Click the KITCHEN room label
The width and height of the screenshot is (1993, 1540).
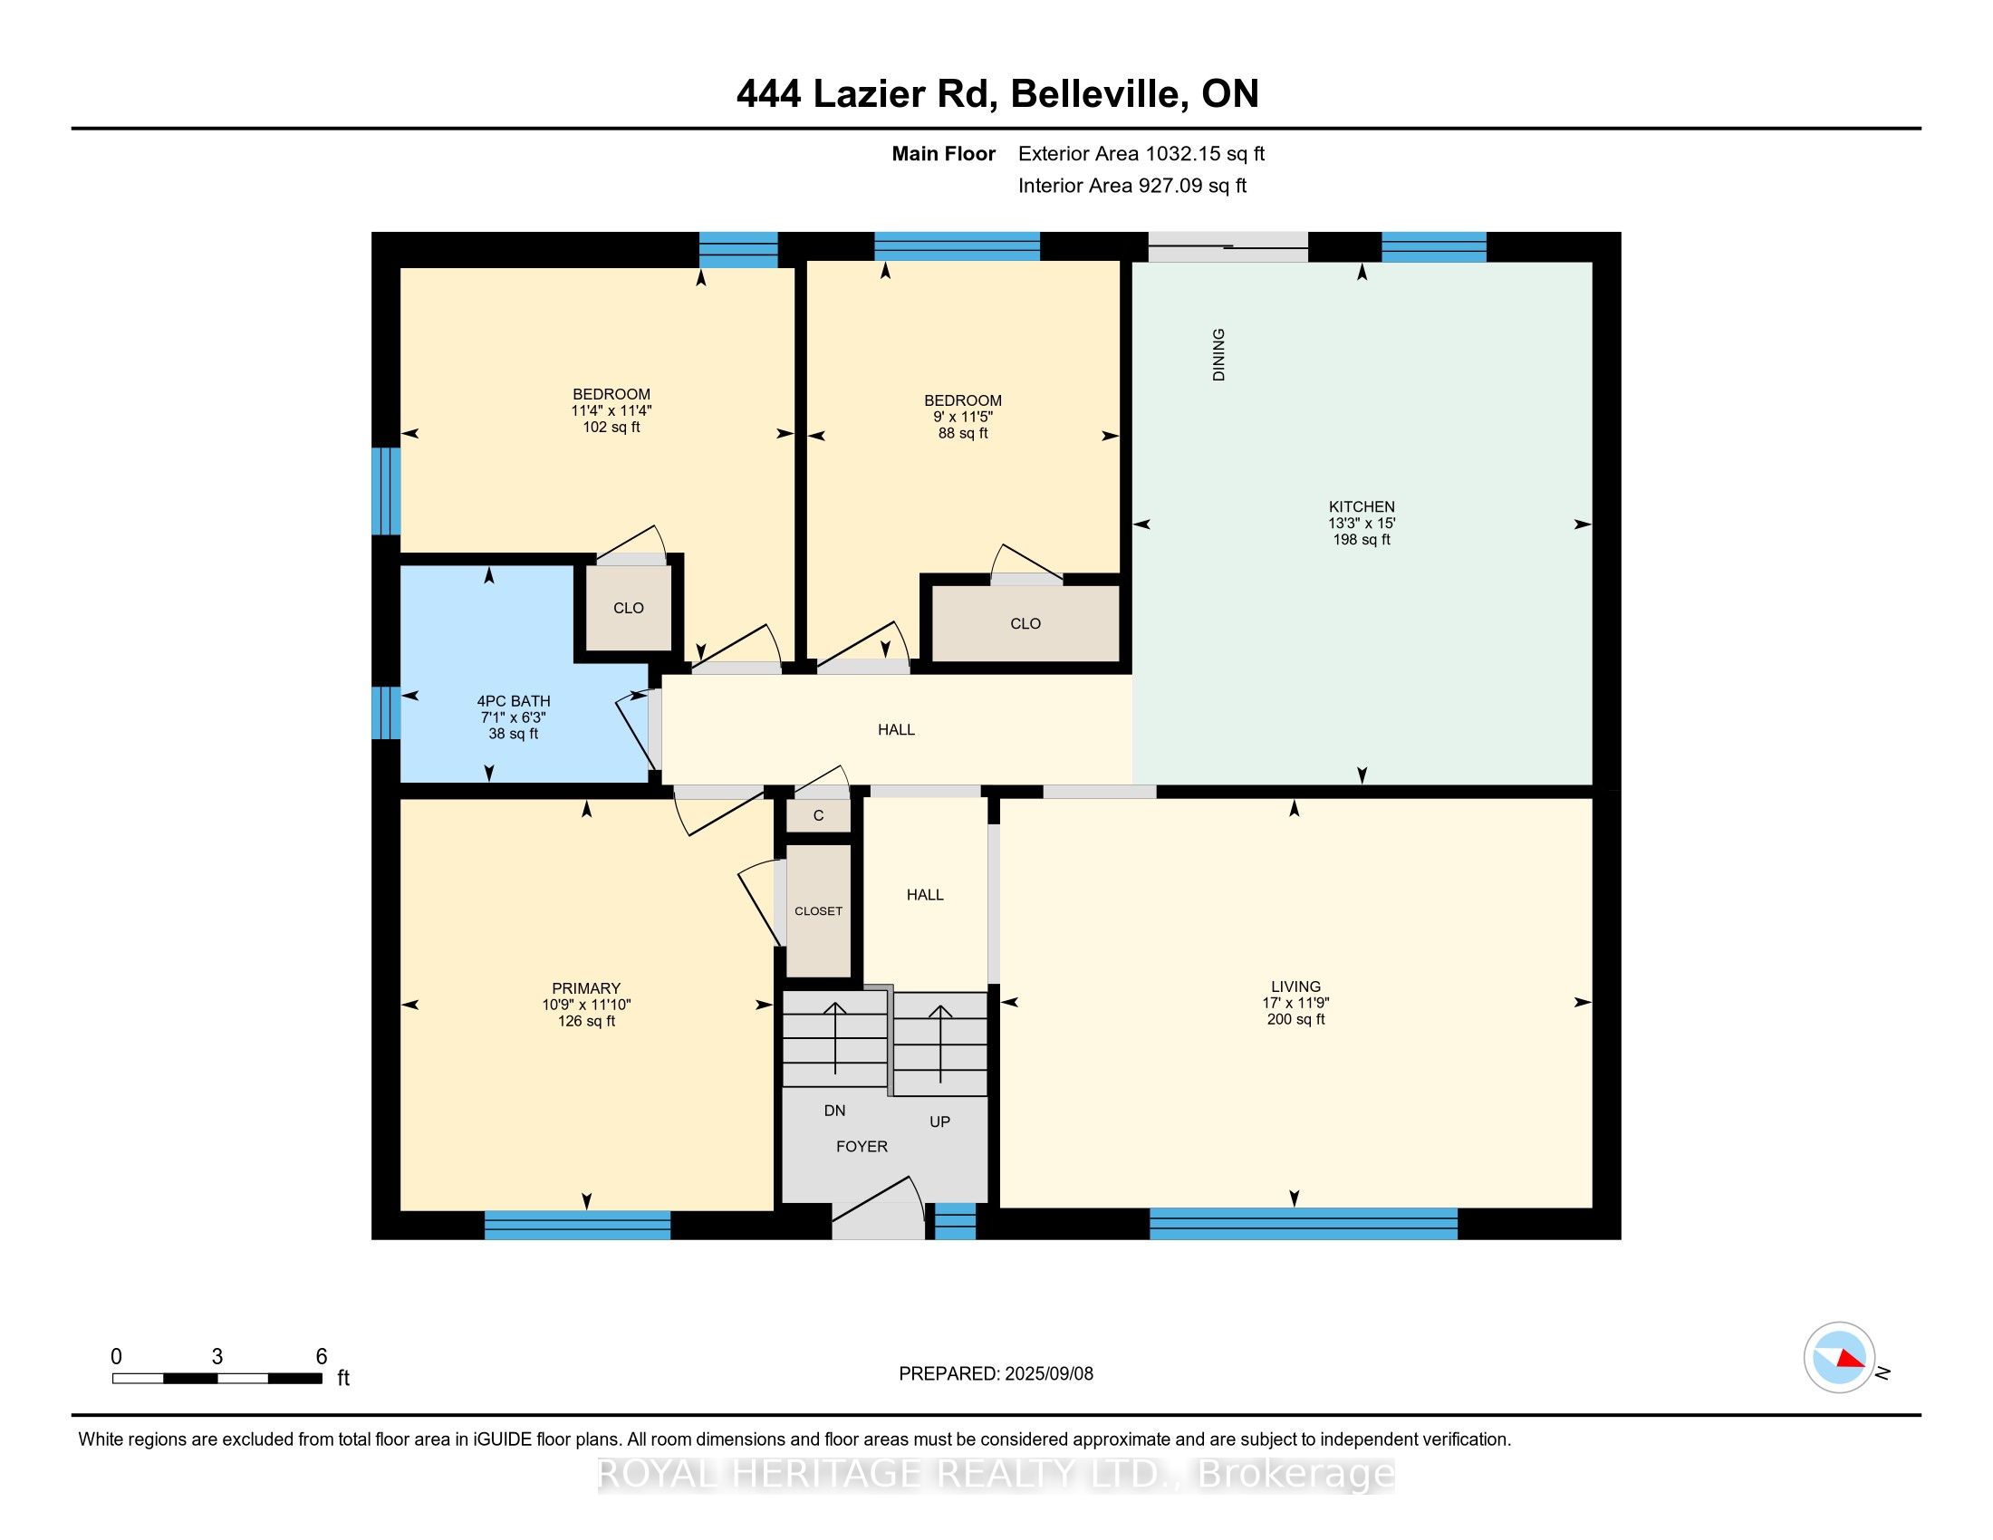click(x=1362, y=506)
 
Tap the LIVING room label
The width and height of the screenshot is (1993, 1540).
click(x=1295, y=987)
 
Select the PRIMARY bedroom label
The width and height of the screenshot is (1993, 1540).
click(x=586, y=988)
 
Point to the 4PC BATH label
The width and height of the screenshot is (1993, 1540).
click(x=514, y=700)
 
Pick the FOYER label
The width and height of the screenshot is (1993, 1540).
click(x=862, y=1147)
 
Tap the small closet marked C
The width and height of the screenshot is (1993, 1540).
click(x=819, y=815)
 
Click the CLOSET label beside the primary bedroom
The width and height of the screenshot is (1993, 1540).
click(x=819, y=911)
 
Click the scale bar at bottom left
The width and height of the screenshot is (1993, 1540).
click(x=217, y=1378)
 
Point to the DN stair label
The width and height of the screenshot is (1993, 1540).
click(x=835, y=1111)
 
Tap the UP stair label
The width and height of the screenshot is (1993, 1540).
click(x=940, y=1121)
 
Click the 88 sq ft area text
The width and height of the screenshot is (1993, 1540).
click(x=964, y=433)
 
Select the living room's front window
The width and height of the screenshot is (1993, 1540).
click(x=1303, y=1224)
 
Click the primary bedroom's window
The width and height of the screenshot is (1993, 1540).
click(x=578, y=1225)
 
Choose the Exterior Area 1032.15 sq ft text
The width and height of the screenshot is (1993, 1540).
click(x=1141, y=153)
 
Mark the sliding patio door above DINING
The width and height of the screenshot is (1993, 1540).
click(x=1228, y=246)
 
